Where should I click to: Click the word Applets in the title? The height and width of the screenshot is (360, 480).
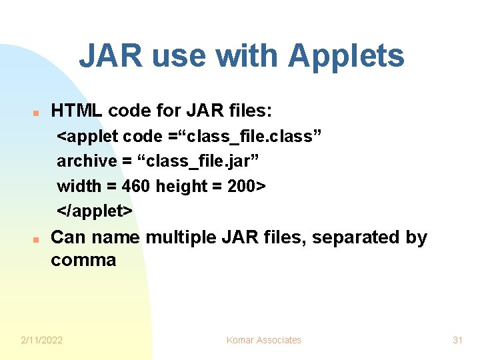(346, 57)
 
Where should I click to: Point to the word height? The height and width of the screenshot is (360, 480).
(181, 186)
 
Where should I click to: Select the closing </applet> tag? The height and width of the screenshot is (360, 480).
(95, 211)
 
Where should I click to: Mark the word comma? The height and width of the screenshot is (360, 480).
(83, 260)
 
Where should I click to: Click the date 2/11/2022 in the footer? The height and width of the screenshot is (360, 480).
(42, 340)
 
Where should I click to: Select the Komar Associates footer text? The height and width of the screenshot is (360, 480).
(264, 340)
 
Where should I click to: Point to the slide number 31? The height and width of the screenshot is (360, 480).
(457, 340)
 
